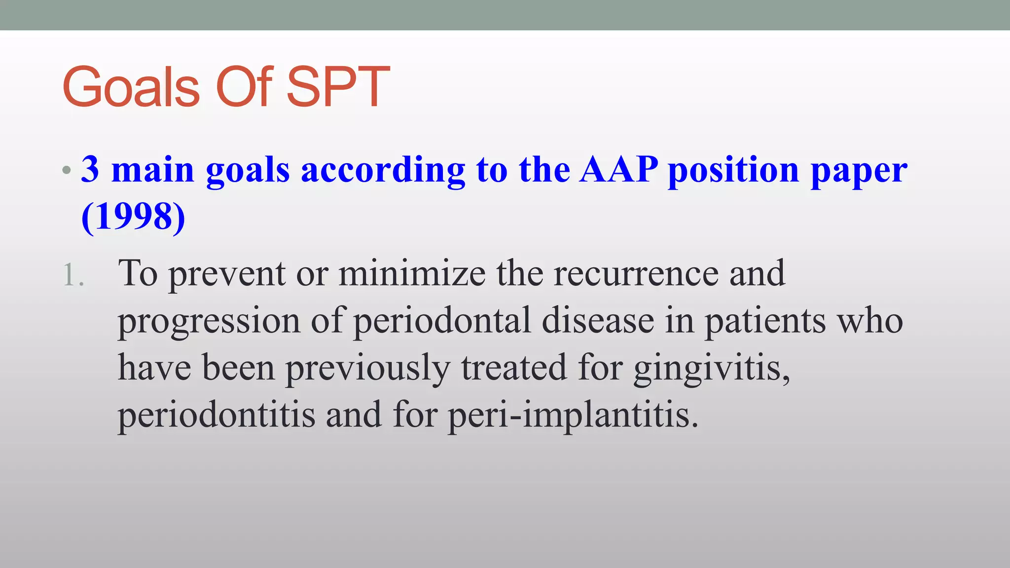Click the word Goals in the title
point(131,88)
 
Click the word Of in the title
point(244,88)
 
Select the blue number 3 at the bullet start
point(90,170)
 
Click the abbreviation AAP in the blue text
point(618,170)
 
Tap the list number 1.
point(73,275)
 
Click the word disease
point(598,320)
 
